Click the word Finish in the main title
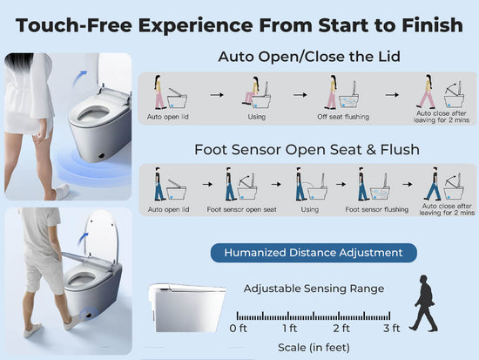[x=432, y=24]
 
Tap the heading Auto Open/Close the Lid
[x=309, y=57]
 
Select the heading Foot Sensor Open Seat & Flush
[x=307, y=150]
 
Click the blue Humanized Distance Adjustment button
[x=314, y=253]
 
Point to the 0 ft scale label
[x=238, y=329]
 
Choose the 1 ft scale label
[x=289, y=329]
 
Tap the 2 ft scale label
[x=341, y=329]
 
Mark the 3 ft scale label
[x=392, y=329]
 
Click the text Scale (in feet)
[x=314, y=348]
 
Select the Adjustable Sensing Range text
[x=314, y=289]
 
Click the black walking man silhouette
[x=424, y=303]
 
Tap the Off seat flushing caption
[x=343, y=117]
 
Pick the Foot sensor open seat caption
[x=241, y=209]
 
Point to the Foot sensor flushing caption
[x=376, y=209]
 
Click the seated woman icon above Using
[x=251, y=91]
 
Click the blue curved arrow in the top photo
[x=79, y=78]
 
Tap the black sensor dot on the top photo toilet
[x=102, y=155]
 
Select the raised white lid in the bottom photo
[x=102, y=235]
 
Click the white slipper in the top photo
[x=63, y=191]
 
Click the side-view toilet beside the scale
[x=187, y=308]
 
